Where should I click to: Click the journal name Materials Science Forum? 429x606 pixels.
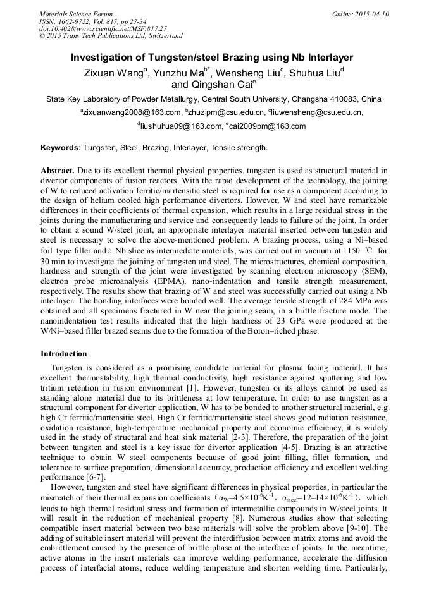pyautogui.click(x=76, y=14)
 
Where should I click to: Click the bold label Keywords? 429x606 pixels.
pyautogui.click(x=61, y=148)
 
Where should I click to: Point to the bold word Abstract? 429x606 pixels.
pyautogui.click(x=58, y=171)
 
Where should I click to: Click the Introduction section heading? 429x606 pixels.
pyautogui.click(x=64, y=353)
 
